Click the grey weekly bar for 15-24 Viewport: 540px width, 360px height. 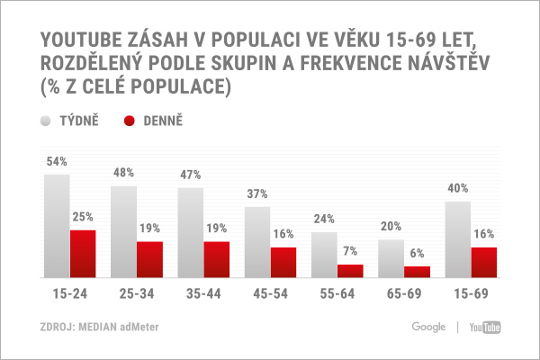tap(57, 226)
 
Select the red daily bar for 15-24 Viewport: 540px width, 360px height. tap(83, 254)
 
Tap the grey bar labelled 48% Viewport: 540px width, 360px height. tap(123, 231)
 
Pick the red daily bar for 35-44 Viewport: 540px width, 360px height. tap(216, 259)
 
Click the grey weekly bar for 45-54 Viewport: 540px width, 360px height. tap(256, 242)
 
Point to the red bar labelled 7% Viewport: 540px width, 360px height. tap(350, 271)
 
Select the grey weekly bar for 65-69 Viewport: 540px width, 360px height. tap(391, 258)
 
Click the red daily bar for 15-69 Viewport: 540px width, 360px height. tap(483, 262)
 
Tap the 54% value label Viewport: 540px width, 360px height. tap(57, 162)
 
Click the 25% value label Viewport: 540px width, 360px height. tap(84, 217)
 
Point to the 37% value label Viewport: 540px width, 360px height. tap(257, 194)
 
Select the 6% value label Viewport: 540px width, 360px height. tap(417, 254)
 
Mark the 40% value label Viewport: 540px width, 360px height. tap(457, 189)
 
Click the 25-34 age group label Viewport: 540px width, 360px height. tap(137, 294)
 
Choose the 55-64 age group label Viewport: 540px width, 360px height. tap(337, 294)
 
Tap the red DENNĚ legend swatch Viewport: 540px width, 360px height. tap(129, 120)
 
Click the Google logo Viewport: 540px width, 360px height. tap(428, 327)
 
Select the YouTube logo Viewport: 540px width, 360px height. tap(484, 327)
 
